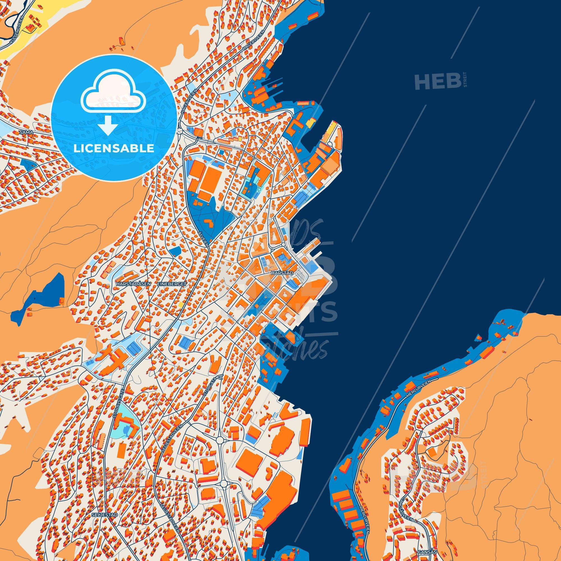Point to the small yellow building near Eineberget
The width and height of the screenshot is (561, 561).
[x=181, y=304]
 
